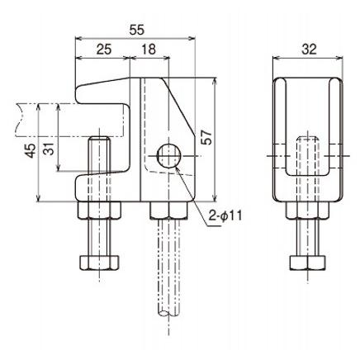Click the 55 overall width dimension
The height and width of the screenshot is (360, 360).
coord(136,28)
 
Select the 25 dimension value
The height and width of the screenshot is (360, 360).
coord(103,50)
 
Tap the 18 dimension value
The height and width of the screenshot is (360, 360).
coord(149,50)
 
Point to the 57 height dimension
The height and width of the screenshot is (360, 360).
coord(207,137)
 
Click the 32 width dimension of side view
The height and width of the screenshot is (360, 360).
coord(309,50)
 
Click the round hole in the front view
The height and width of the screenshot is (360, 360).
coord(168,153)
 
